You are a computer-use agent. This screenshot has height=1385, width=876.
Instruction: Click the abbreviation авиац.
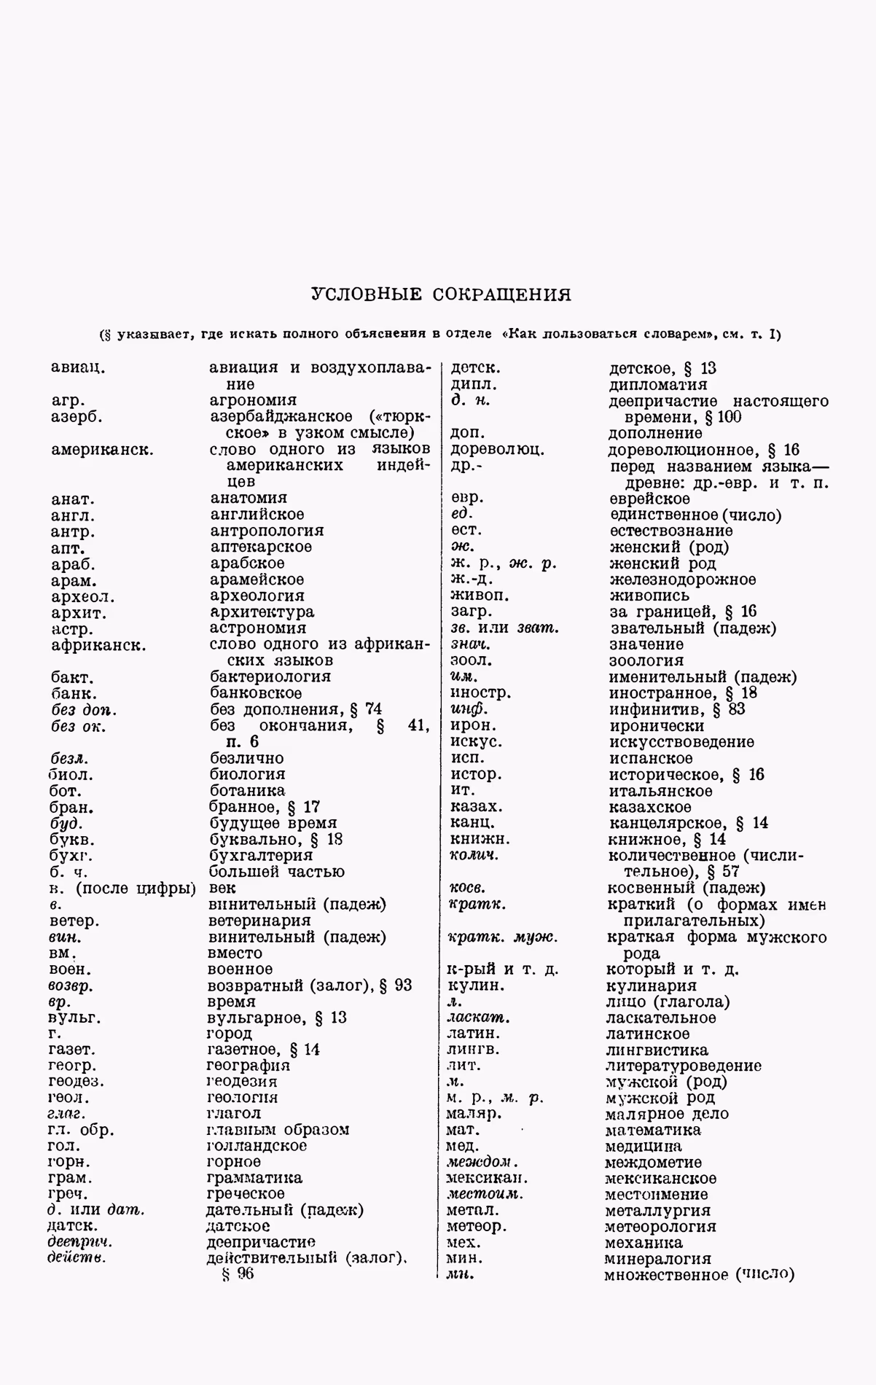79,367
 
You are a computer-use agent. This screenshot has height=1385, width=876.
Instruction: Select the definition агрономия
253,400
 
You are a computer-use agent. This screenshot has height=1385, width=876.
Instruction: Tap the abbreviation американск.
102,449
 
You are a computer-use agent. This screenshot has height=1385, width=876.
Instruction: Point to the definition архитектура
262,612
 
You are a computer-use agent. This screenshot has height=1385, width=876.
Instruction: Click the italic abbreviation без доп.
84,709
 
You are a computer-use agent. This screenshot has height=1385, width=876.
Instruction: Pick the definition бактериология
270,676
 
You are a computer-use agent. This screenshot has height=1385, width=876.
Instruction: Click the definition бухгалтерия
260,856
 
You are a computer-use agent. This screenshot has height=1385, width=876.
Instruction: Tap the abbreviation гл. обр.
81,1131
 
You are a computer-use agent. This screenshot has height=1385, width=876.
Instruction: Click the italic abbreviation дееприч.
79,1242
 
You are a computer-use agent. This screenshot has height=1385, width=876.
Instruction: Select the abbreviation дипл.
474,384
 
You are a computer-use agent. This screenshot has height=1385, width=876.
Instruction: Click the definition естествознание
670,531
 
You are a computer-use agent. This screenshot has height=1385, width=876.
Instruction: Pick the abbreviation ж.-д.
472,580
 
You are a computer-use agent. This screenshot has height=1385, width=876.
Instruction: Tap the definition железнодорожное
682,580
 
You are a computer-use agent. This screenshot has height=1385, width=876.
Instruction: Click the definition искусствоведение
681,742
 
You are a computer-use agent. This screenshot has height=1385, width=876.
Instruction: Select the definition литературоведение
683,1066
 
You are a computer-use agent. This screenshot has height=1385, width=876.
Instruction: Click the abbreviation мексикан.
487,1178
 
